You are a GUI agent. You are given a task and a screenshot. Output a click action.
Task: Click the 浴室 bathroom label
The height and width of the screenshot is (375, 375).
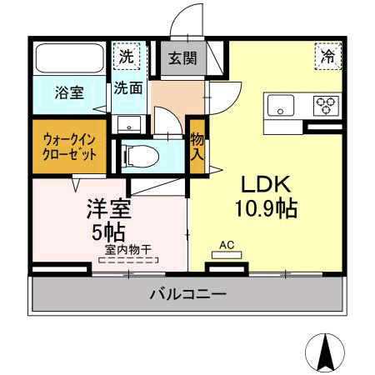coord(69,92)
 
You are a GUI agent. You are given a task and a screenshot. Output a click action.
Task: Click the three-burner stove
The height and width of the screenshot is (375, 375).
coord(325,106)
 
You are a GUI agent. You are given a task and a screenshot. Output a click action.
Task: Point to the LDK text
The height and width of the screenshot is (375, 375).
coord(265,184)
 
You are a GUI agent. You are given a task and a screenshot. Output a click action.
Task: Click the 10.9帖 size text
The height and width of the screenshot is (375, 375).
coord(266,208)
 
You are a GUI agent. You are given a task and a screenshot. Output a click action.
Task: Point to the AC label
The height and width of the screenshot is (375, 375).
coord(225,245)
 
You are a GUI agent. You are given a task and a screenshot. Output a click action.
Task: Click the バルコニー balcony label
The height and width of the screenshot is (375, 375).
coord(187,294)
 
